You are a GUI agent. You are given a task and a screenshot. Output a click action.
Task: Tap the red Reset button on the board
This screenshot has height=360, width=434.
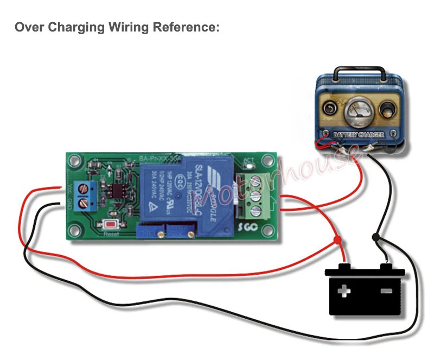112,224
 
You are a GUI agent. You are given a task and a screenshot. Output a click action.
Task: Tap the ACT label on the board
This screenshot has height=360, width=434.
250,161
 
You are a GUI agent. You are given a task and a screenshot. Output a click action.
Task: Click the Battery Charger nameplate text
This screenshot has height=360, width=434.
359,134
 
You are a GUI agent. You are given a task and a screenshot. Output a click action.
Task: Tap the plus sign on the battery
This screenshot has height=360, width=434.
344,292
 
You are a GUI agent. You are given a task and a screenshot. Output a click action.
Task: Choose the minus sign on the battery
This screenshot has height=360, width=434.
386,292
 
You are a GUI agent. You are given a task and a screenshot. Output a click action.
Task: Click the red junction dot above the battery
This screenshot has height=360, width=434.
337,239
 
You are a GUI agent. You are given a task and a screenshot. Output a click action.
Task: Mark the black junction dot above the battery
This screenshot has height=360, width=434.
375,238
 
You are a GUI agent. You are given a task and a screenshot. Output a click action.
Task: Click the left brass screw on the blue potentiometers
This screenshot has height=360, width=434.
161,233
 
